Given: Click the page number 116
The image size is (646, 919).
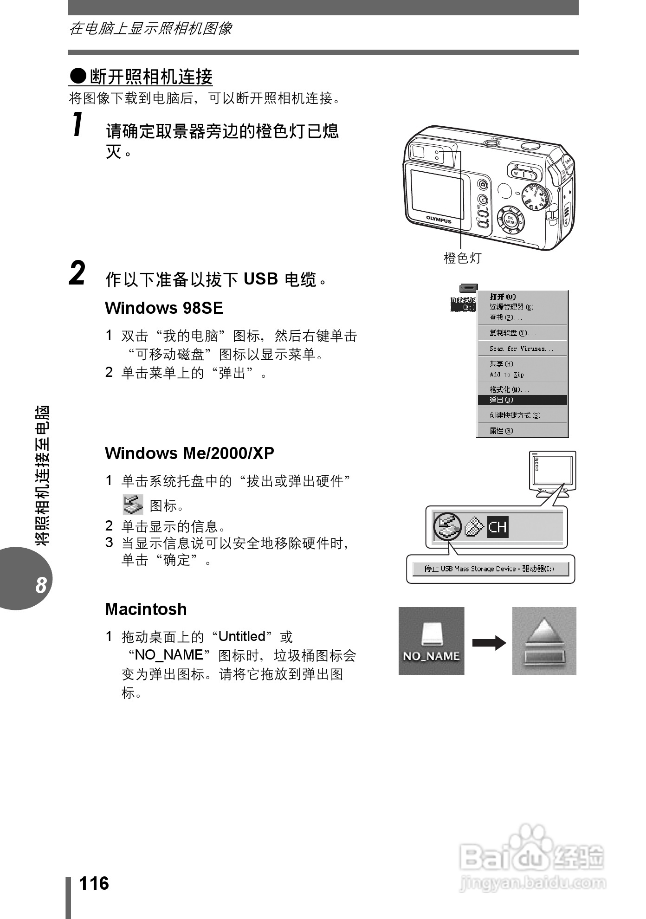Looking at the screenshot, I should point(94,883).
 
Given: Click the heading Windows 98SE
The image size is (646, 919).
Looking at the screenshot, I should point(164,308).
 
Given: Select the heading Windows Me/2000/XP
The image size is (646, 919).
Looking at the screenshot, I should point(189,453).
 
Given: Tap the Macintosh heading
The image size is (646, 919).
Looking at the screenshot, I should point(146,609).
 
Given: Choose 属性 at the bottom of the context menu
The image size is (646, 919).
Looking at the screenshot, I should point(501,431).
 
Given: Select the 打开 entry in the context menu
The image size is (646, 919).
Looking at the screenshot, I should point(503,297).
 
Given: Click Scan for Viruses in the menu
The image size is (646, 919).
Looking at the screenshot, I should point(521,349).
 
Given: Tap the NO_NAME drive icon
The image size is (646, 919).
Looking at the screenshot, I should point(431,641).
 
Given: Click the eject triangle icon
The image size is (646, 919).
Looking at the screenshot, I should point(544,634).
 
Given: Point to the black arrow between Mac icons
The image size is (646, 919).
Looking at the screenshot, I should point(489,643).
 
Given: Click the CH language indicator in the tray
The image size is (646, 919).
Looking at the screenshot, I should point(497,527).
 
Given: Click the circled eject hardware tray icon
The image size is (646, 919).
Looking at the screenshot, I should point(447,526).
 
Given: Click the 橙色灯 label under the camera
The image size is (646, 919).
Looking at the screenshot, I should point(462,258).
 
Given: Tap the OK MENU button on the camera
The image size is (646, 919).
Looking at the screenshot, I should point(510,220).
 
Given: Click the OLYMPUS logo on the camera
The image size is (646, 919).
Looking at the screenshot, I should point(439,220).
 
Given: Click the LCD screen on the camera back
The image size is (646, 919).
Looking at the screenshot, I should point(437,194).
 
